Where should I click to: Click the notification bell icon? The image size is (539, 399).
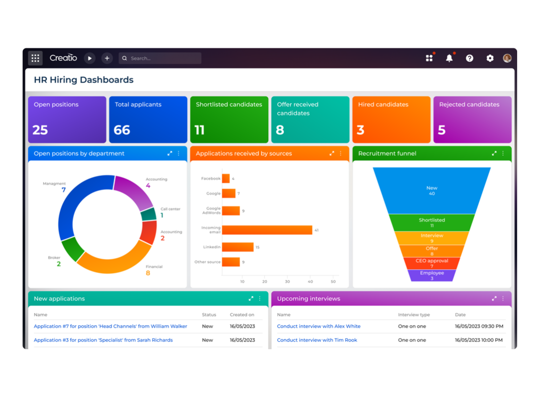(x=449, y=58)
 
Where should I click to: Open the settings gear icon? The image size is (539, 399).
(x=490, y=58)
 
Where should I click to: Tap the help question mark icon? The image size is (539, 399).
(x=469, y=58)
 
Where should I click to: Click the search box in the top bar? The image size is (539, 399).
(x=160, y=58)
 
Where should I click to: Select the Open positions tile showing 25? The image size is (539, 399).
(x=67, y=119)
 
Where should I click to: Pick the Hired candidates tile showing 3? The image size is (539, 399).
(x=391, y=119)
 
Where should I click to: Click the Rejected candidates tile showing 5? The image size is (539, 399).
(x=472, y=119)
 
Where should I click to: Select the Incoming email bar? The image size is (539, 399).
(x=267, y=230)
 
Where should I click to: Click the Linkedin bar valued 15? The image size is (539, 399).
(x=238, y=247)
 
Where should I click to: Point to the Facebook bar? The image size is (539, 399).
(x=226, y=178)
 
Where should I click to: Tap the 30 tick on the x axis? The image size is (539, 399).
(x=287, y=281)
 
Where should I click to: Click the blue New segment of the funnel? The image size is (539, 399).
(x=432, y=191)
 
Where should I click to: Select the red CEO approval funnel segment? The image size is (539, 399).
(x=432, y=263)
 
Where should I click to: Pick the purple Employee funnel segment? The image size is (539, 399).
(x=432, y=275)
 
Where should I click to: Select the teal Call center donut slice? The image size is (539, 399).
(x=149, y=214)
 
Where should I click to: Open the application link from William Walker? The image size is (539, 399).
(x=110, y=326)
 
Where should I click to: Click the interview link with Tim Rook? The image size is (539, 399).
(x=317, y=340)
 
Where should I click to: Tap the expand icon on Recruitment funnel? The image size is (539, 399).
(x=494, y=153)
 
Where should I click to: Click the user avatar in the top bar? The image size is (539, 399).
(x=507, y=58)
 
